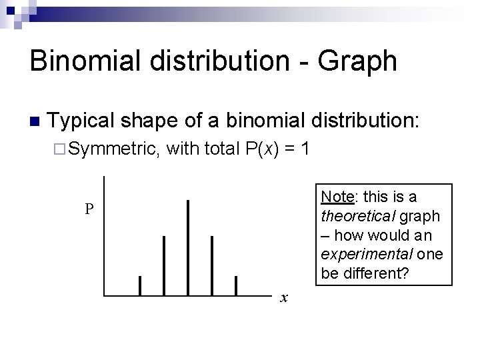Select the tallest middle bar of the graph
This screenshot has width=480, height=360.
point(188,247)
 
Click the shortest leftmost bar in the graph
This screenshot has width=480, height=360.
point(140,285)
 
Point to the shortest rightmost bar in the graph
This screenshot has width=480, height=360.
point(236,285)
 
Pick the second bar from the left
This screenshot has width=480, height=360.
point(164,265)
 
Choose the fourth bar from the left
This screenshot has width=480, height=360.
point(212,265)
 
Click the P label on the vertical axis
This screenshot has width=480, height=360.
point(89,209)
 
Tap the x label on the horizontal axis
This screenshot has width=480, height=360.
point(284,298)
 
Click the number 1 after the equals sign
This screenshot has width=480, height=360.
point(304,149)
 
